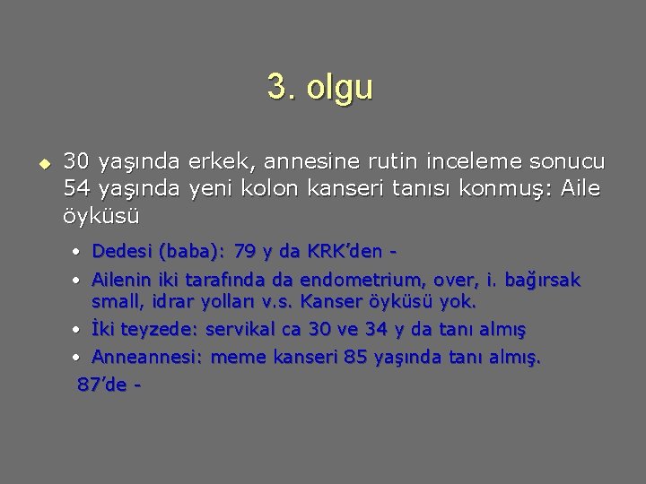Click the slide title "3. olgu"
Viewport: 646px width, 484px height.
click(319, 88)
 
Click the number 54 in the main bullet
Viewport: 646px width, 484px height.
click(75, 189)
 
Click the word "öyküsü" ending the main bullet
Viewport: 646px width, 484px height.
click(101, 216)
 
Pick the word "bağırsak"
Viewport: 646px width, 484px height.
click(542, 280)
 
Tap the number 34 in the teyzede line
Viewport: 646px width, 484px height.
click(377, 329)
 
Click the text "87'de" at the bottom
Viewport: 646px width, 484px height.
click(101, 384)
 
